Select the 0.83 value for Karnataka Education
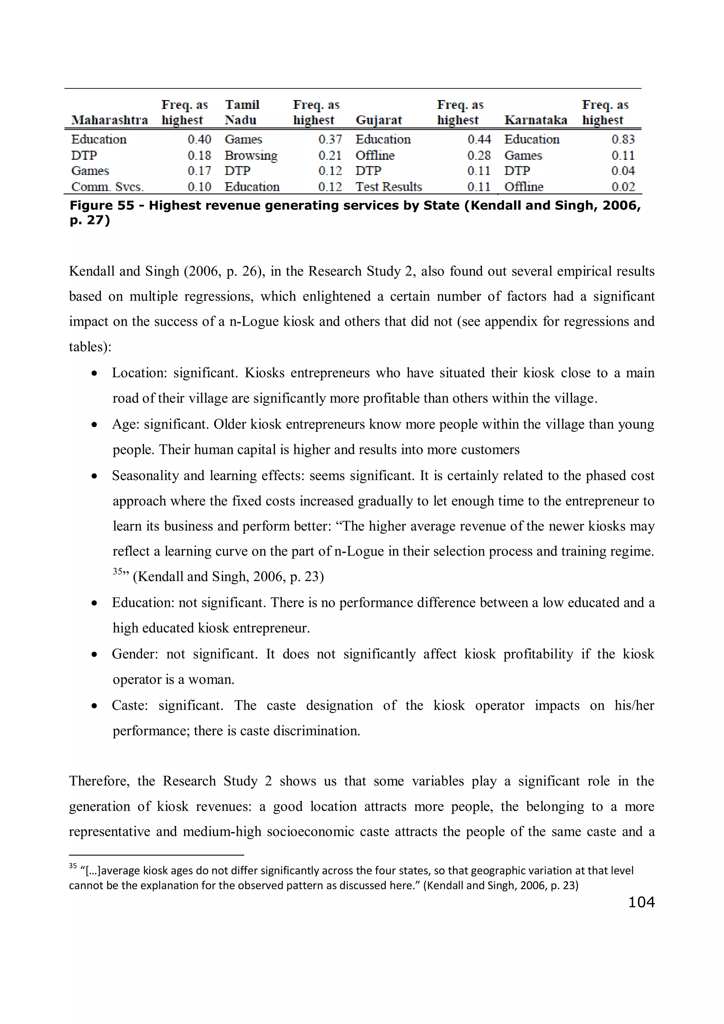pos(623,140)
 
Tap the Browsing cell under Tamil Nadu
pos(251,156)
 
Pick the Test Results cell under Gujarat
pos(389,187)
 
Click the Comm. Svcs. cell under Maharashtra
pos(107,187)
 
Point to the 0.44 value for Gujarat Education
pos(479,140)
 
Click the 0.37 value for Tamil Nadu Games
pos(330,140)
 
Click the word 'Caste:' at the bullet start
pos(130,706)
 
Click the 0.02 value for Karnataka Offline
pos(623,187)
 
